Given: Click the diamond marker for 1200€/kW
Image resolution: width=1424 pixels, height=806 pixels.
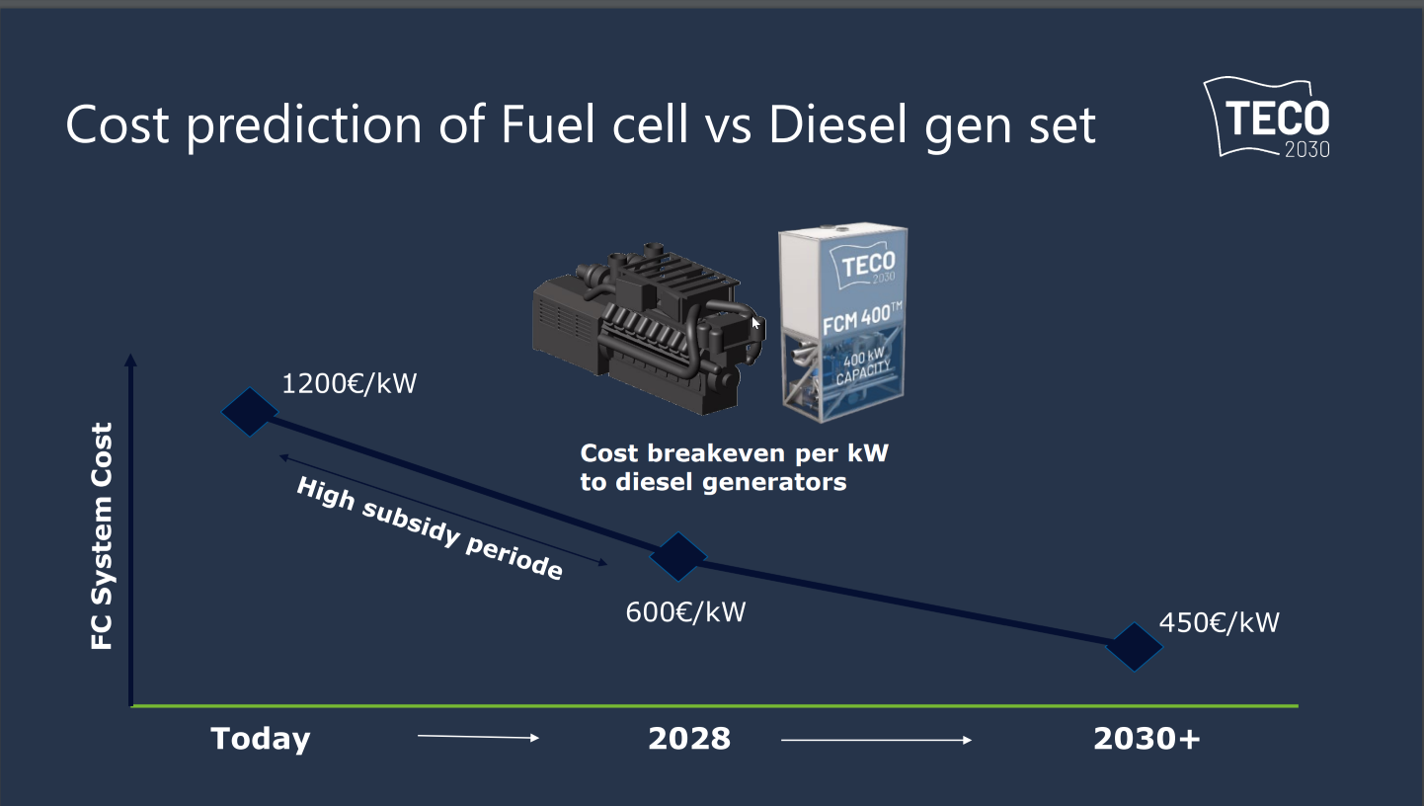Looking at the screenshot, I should (x=249, y=411).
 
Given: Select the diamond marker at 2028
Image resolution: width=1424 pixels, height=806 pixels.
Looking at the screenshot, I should (x=678, y=556).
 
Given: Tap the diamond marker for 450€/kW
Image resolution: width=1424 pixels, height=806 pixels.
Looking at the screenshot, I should (x=1134, y=647).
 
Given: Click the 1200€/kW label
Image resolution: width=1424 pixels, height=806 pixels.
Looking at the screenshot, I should (x=350, y=383).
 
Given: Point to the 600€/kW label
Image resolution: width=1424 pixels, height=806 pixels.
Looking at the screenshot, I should (x=685, y=612).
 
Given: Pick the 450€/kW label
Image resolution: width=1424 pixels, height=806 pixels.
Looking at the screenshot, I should (x=1219, y=623).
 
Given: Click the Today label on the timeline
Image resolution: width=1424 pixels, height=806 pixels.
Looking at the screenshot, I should (x=261, y=739).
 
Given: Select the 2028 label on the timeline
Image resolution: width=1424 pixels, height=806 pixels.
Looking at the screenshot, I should (x=689, y=739).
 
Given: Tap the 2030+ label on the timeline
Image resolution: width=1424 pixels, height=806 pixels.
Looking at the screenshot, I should (x=1147, y=739).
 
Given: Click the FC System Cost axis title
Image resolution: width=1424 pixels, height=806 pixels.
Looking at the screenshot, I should (x=102, y=536).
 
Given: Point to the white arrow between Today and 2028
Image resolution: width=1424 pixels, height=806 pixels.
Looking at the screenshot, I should (x=479, y=738).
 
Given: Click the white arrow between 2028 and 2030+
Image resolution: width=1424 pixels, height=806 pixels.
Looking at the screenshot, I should (x=877, y=739).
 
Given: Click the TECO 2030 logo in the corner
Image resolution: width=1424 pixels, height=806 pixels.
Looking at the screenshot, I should (x=1268, y=118).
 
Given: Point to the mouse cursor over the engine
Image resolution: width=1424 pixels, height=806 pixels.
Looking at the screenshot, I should (x=755, y=323).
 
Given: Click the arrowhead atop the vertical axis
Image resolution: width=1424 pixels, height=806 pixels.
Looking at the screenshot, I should (x=131, y=362).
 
